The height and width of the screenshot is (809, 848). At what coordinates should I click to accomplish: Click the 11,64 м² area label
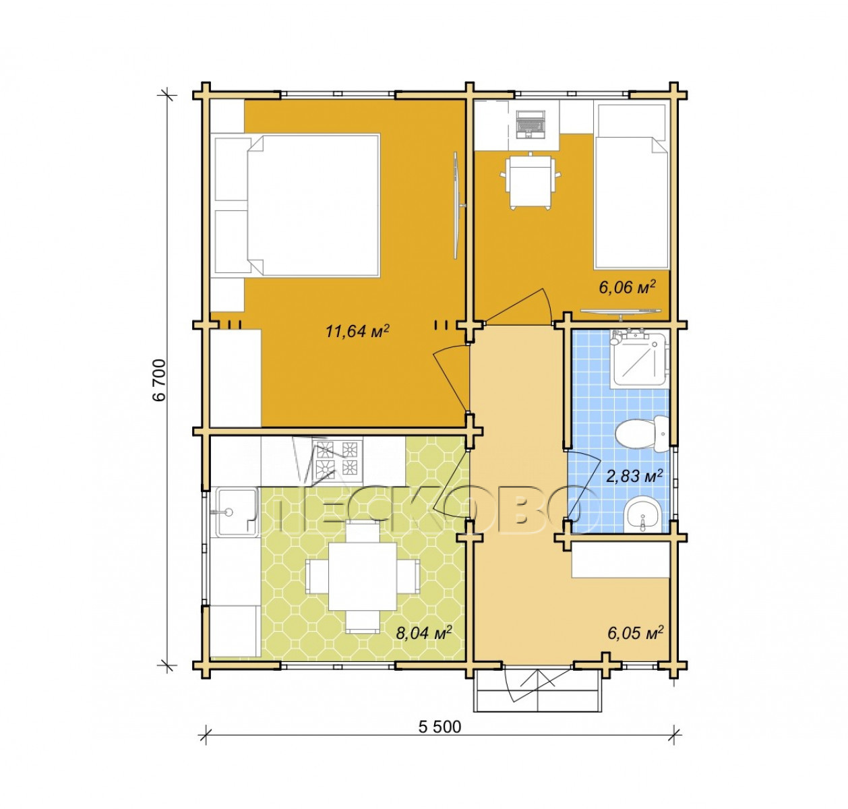point(357,331)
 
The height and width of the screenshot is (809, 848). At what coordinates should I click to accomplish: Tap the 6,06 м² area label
point(628,287)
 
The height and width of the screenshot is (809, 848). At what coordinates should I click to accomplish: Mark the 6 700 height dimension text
point(160,380)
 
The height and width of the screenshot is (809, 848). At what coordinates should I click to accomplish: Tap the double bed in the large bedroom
point(297,205)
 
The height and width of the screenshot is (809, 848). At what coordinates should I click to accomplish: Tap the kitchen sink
point(233,512)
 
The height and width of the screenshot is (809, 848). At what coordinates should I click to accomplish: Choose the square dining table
point(362,577)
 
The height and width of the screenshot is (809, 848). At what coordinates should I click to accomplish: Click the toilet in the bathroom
point(641,433)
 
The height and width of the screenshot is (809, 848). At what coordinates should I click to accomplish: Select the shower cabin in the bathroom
point(639,359)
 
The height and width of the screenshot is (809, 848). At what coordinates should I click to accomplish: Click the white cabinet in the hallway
point(620,560)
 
